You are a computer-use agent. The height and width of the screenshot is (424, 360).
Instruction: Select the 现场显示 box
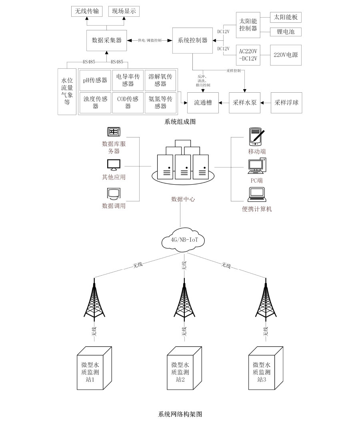point(124,11)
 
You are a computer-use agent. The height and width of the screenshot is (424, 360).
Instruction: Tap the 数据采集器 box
point(107,40)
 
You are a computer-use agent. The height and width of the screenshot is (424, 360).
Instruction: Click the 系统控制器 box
point(192,40)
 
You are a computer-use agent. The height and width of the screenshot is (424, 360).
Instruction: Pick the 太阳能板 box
point(286,18)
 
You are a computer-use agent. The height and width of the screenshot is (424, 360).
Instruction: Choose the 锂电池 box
point(286,32)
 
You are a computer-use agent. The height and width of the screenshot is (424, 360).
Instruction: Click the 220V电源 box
point(286,55)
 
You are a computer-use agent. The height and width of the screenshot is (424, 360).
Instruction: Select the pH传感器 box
point(95,80)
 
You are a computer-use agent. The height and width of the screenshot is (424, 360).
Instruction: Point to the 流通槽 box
point(203,103)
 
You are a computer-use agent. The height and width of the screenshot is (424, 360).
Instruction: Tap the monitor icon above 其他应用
point(114,165)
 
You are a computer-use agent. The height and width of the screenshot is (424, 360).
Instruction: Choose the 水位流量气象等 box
point(67,92)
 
